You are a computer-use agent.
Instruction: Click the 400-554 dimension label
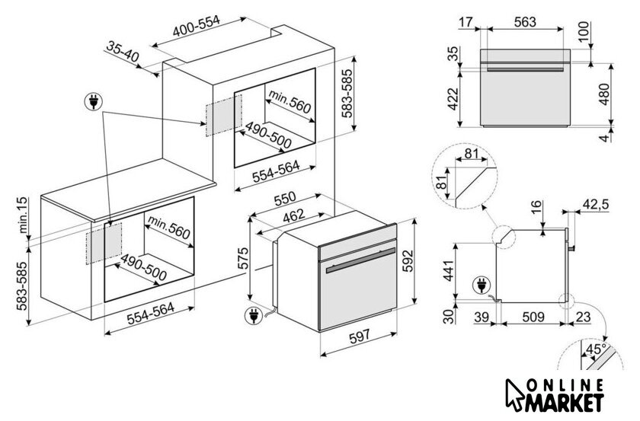coord(196,26)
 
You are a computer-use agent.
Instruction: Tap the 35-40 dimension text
coord(123,52)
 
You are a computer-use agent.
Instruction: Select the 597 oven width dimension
coord(360,336)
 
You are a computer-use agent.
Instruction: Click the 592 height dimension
coord(408,260)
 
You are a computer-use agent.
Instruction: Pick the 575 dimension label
coord(242,257)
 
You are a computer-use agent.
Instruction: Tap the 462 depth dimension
coord(294,215)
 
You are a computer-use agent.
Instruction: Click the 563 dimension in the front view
coord(524,21)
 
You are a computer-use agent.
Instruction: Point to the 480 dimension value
coord(604,94)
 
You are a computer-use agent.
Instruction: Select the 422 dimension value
coord(453,99)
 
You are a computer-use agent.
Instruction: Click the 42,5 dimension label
coord(596,203)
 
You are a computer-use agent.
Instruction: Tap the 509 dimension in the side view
coord(533,317)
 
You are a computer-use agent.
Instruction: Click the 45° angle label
coord(596,349)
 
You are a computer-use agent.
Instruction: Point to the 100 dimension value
coord(584,31)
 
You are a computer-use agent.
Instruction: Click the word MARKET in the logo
coord(565,402)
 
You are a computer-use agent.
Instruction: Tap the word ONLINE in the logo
coord(565,384)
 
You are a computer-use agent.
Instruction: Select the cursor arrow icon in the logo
coord(514,395)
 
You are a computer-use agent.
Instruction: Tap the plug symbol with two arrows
coord(94,101)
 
